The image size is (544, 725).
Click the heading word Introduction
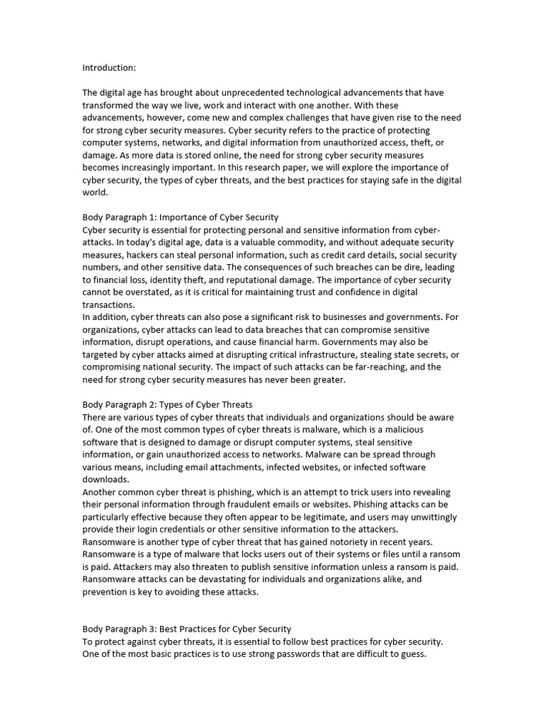[x=108, y=68]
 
